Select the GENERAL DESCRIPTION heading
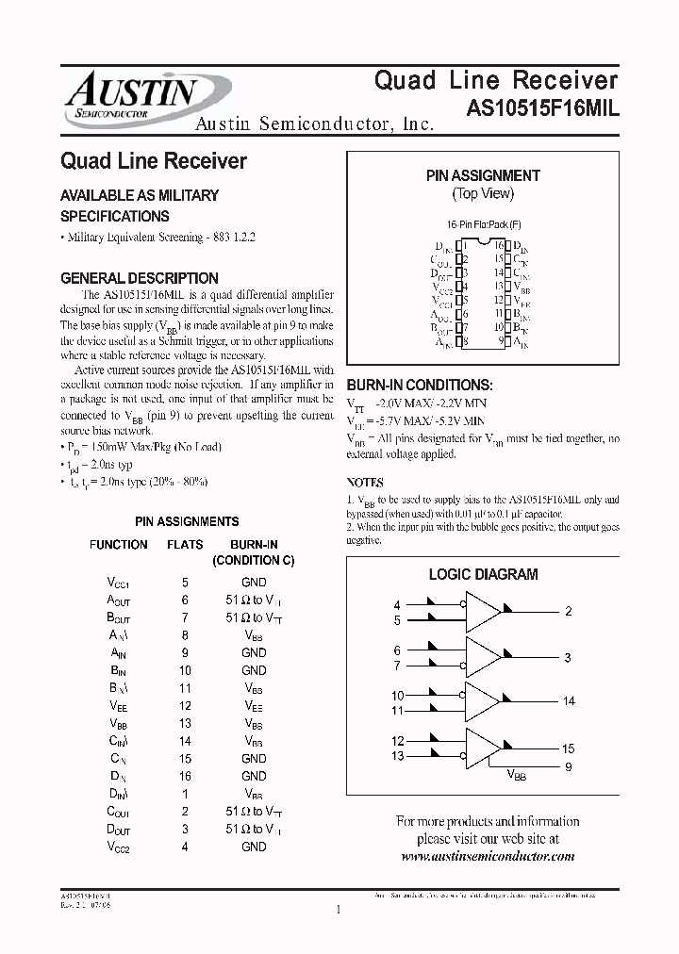pos(139,278)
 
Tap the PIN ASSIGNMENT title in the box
pos(483,175)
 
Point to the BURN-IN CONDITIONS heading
pos(420,386)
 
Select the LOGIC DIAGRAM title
pos(483,574)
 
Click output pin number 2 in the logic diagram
pos(569,612)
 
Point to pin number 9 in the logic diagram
pos(569,766)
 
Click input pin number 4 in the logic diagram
pos(397,604)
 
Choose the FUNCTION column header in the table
pos(118,545)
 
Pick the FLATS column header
pos(185,545)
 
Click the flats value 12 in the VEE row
pos(185,705)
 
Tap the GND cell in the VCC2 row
pos(254,847)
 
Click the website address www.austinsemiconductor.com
pos(488,856)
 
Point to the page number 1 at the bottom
pos(338,910)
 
